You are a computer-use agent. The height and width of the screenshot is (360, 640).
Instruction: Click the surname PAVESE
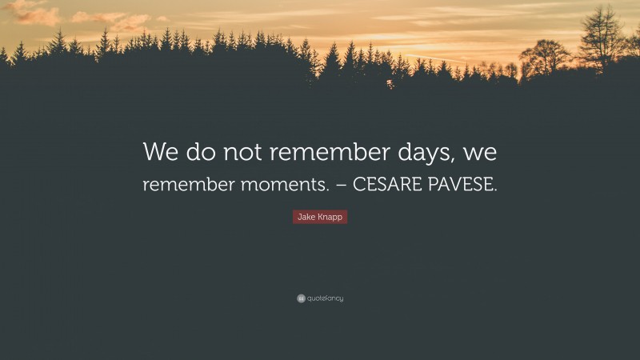[x=460, y=185]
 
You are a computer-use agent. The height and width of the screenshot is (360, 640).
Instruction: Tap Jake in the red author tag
[x=306, y=218]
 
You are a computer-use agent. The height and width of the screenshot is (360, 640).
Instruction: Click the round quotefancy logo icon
[x=301, y=298]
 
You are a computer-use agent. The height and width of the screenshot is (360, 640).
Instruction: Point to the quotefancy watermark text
[x=326, y=298]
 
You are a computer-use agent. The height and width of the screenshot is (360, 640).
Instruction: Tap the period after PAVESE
[x=495, y=190]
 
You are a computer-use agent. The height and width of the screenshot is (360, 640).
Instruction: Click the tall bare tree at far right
[x=601, y=40]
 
